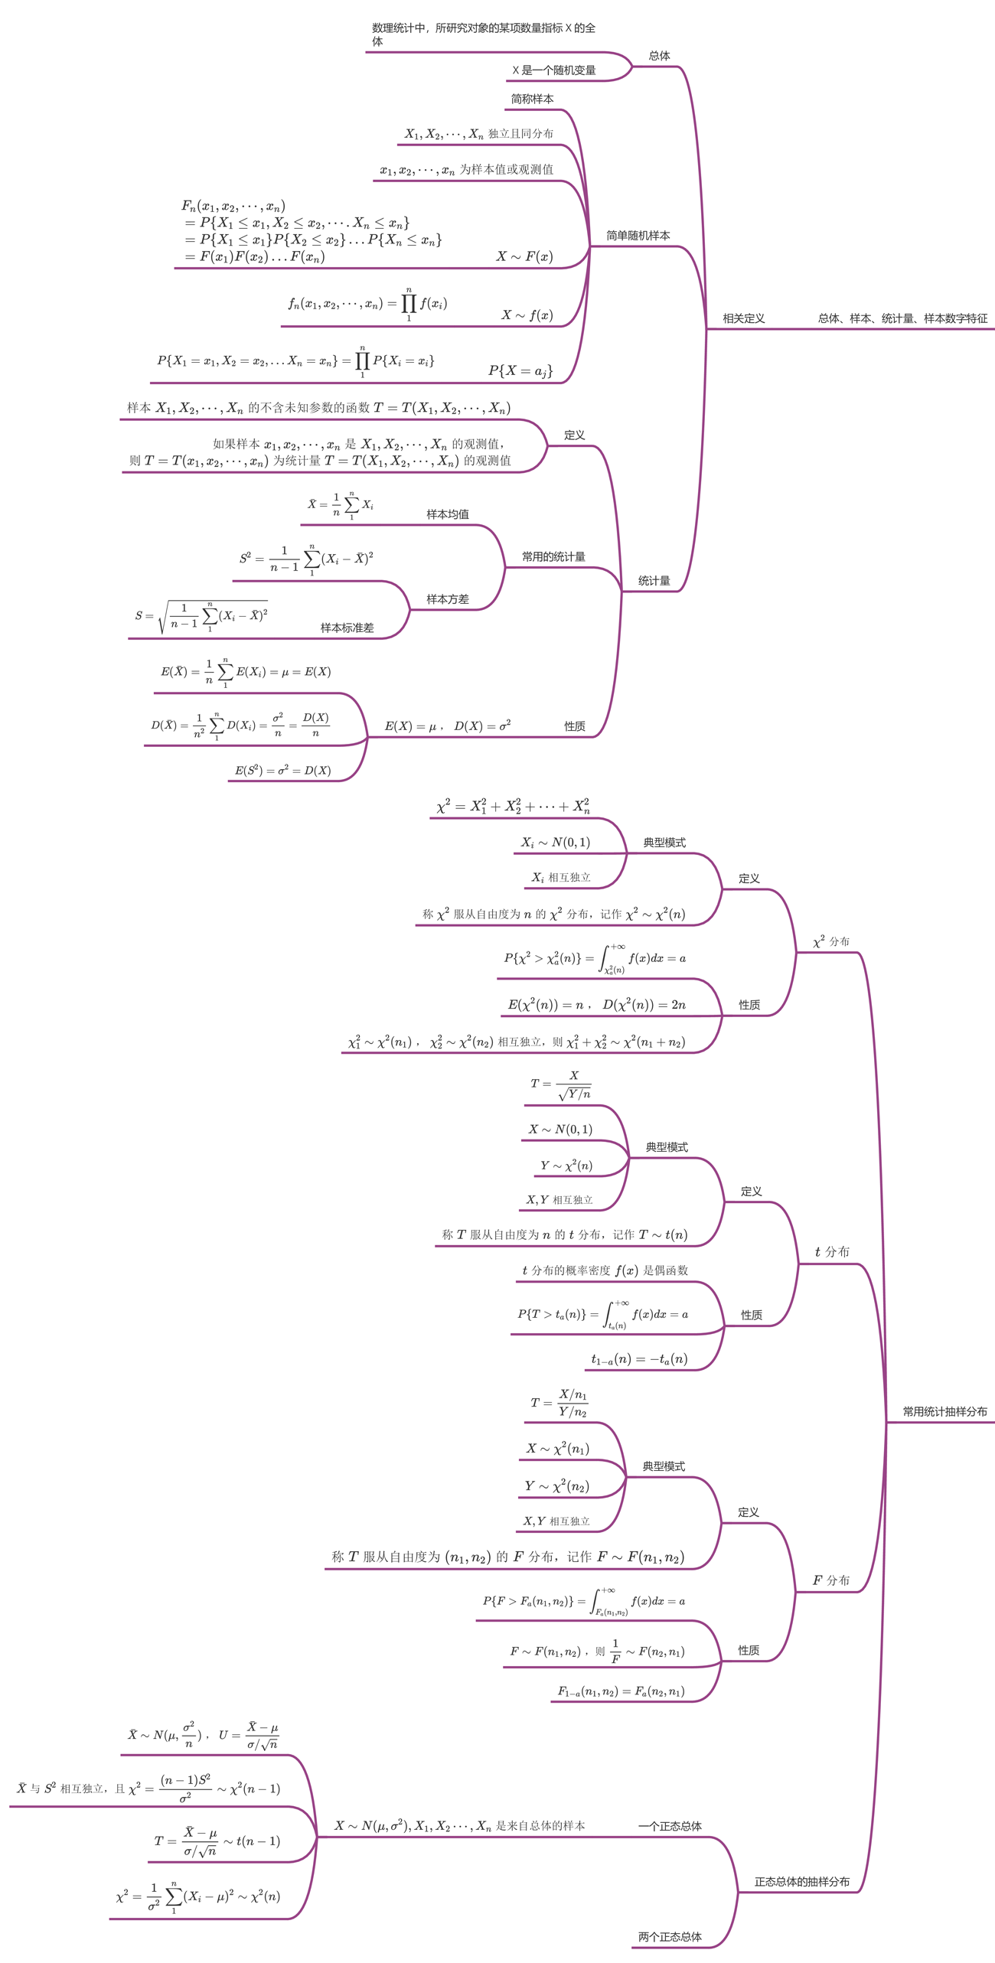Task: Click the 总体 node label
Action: pos(659,55)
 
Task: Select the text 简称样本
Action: pos(532,99)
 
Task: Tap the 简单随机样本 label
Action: pos(638,236)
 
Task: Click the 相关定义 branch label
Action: pos(743,318)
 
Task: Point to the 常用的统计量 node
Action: pos(553,556)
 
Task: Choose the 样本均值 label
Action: pos(448,514)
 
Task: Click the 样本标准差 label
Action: pos(347,628)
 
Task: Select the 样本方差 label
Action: pos(448,599)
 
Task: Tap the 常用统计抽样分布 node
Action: pos(944,1411)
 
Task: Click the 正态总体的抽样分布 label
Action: pos(801,1881)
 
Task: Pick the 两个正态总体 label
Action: pos(670,1937)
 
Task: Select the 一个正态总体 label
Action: pos(670,1826)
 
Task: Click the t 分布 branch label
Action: pos(832,1251)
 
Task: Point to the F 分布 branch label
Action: pos(831,1580)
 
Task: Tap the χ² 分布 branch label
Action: pos(831,941)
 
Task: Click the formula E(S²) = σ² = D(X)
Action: pos(282,770)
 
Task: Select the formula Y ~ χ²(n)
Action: pos(566,1166)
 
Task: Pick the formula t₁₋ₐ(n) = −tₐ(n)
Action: pos(639,1359)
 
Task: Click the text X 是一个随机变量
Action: pos(553,70)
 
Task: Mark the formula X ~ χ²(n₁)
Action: pos(558,1448)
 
